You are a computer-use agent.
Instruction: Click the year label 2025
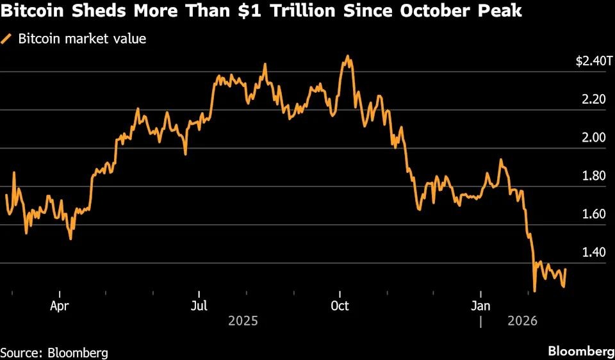click(x=243, y=320)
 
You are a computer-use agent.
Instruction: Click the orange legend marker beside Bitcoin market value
click(x=7, y=39)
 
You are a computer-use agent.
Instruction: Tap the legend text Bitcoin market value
click(x=82, y=38)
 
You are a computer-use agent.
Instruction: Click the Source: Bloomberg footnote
click(x=54, y=352)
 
